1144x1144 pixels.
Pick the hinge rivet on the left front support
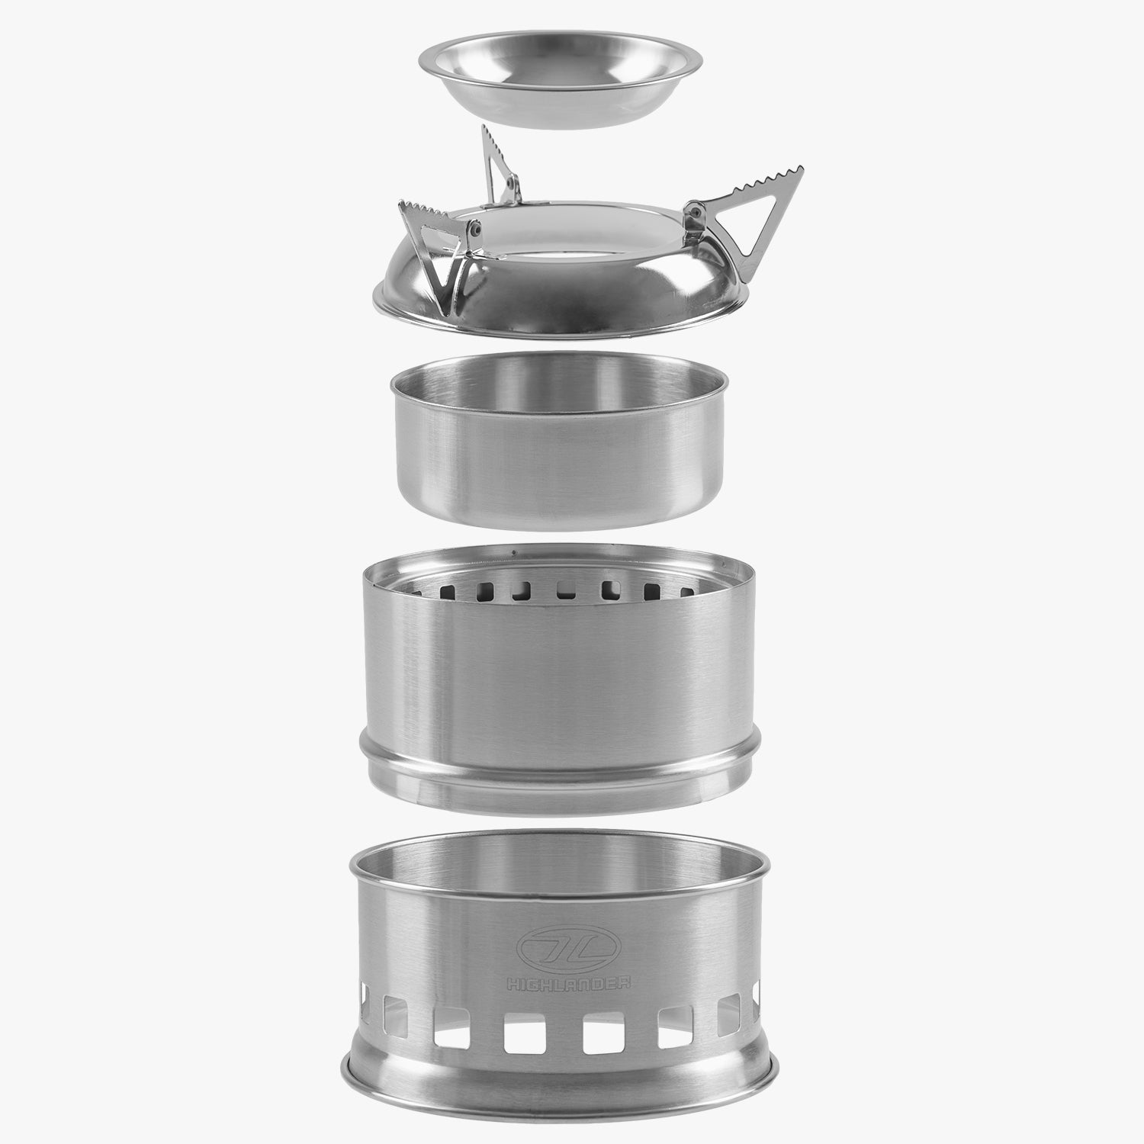(x=475, y=228)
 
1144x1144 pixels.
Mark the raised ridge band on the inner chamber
(x=561, y=769)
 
